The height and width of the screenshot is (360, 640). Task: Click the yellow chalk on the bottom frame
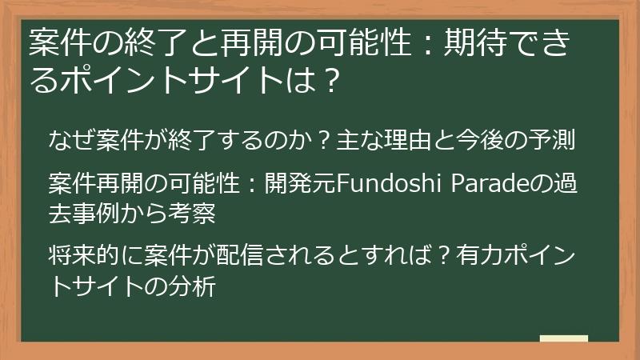point(563,339)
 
